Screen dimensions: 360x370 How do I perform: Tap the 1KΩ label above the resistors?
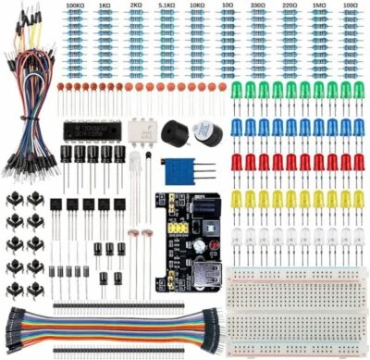pyautogui.click(x=106, y=6)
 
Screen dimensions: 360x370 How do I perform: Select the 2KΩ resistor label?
pyautogui.click(x=136, y=6)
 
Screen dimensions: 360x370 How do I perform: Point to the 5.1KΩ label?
pyautogui.click(x=166, y=6)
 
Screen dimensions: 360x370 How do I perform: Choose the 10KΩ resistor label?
pyautogui.click(x=197, y=6)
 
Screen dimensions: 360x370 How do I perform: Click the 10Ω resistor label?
pyautogui.click(x=228, y=6)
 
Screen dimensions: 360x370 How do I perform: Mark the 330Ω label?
pyautogui.click(x=258, y=6)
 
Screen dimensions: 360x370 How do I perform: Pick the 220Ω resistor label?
pyautogui.click(x=289, y=6)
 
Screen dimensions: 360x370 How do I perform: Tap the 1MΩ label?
pyautogui.click(x=319, y=6)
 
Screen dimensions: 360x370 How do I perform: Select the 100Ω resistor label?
pyautogui.click(x=350, y=6)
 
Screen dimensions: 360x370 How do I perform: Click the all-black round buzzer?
pyautogui.click(x=174, y=132)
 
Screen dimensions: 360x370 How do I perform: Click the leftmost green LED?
pyautogui.click(x=236, y=90)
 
